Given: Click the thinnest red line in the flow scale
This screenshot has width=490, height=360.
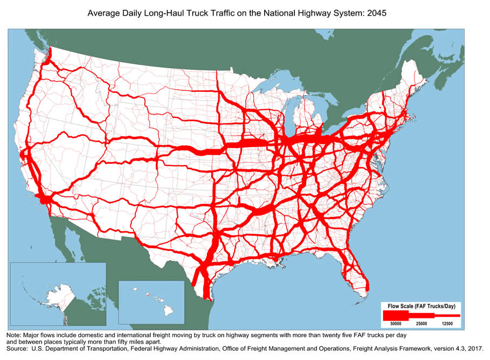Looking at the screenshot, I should click(448, 314).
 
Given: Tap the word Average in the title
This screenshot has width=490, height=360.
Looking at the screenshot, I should click(104, 11).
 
